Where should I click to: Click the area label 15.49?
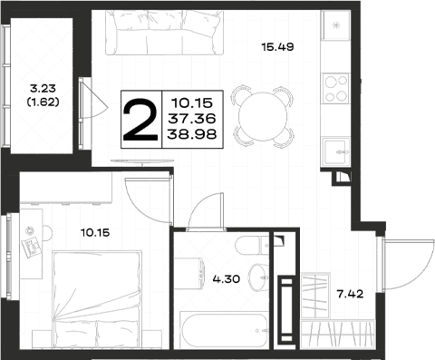pyautogui.click(x=277, y=47)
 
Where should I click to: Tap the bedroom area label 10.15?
pyautogui.click(x=95, y=233)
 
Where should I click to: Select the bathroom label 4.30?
pyautogui.click(x=227, y=278)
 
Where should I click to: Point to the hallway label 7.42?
pyautogui.click(x=350, y=294)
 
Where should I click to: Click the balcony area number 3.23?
pyautogui.click(x=43, y=88)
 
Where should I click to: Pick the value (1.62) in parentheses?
pyautogui.click(x=43, y=102)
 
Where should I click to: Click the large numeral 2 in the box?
pyautogui.click(x=140, y=120)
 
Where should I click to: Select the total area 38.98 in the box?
pyautogui.click(x=192, y=133)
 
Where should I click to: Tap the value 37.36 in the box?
pyautogui.click(x=192, y=119)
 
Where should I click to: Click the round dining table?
pyautogui.click(x=263, y=116)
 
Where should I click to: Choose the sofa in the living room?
pyautogui.click(x=165, y=33)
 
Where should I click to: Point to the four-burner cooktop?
pyautogui.click(x=335, y=88)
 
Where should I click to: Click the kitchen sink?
pyautogui.click(x=336, y=151)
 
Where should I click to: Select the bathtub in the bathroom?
pyautogui.click(x=224, y=330)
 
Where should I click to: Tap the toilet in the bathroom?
pyautogui.click(x=252, y=245)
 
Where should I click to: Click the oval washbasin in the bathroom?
pyautogui.click(x=258, y=277)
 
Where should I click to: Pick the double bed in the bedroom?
pyautogui.click(x=97, y=299)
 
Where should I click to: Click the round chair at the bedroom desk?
pyautogui.click(x=47, y=233)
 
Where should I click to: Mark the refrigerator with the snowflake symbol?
pyautogui.click(x=335, y=25)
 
